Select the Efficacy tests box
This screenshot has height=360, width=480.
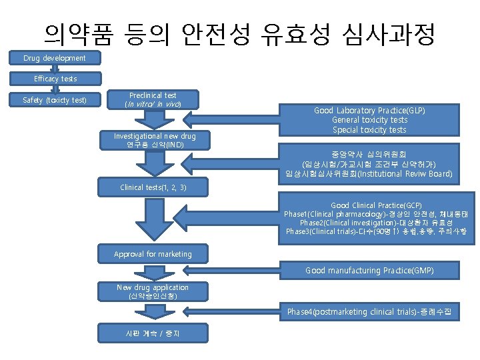(55, 79)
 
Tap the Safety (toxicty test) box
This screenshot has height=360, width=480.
(55, 101)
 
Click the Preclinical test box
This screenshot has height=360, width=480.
(153, 100)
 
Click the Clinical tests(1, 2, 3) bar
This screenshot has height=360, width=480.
(153, 187)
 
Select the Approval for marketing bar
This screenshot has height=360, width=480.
(153, 254)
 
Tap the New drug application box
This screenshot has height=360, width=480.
(153, 291)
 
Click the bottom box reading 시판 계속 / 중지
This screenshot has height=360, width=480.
(153, 332)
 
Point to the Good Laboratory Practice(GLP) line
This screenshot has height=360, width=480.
(369, 110)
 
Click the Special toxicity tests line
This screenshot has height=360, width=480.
(369, 129)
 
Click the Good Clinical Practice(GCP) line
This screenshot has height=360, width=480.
(376, 205)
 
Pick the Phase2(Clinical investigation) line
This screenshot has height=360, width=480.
(376, 222)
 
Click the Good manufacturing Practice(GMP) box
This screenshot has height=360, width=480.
(369, 271)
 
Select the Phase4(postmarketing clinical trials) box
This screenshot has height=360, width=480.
(369, 311)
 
